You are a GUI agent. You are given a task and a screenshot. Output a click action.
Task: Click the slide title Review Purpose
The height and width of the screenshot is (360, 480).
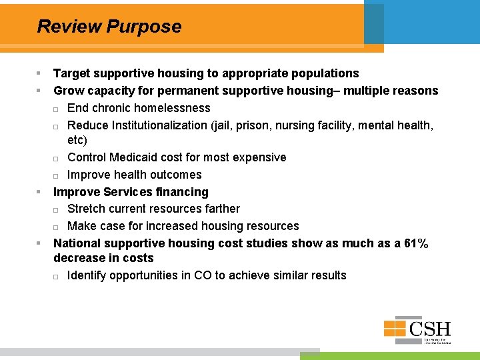(109, 27)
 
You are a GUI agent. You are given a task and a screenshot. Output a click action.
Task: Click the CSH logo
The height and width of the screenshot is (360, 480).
(417, 329)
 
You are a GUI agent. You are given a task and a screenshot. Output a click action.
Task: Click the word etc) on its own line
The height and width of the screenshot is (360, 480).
(77, 141)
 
